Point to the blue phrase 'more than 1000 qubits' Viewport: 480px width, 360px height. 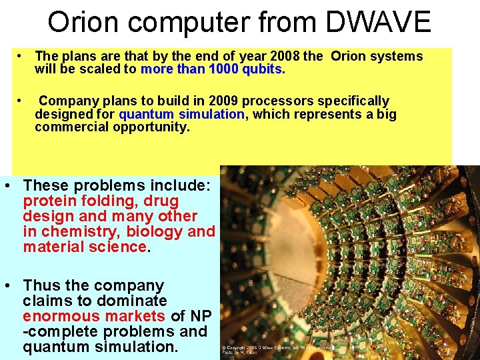212,69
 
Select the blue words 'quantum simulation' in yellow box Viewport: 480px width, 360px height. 182,114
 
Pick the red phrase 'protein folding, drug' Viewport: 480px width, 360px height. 101,201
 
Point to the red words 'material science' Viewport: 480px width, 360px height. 85,247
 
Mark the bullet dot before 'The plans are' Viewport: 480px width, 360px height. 22,56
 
